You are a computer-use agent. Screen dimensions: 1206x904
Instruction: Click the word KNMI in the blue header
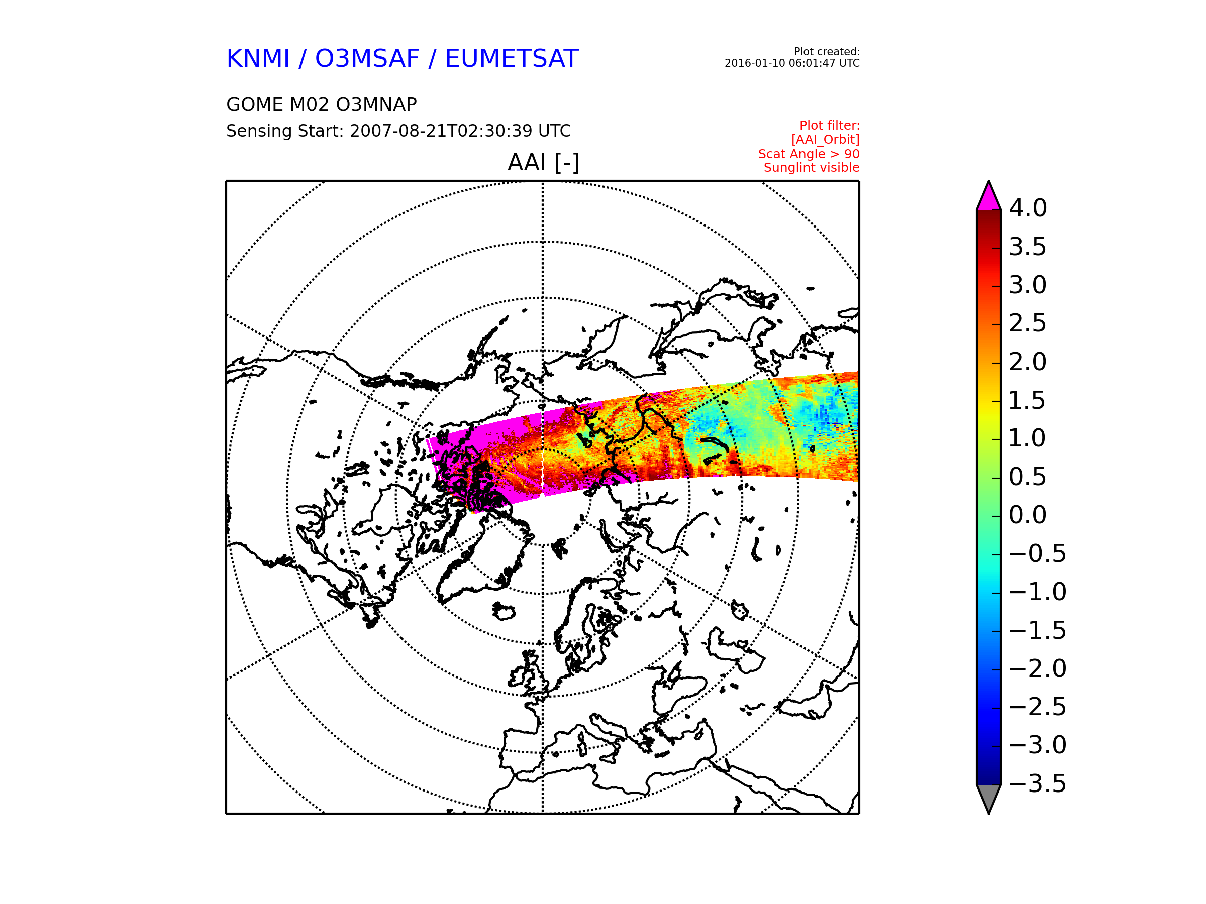(257, 59)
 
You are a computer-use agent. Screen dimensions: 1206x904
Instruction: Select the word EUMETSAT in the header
(512, 59)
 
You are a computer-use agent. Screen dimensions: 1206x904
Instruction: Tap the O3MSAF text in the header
(367, 59)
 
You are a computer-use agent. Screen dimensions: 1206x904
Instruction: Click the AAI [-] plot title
(543, 162)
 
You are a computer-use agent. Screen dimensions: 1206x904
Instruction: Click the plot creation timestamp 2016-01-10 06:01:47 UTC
(791, 63)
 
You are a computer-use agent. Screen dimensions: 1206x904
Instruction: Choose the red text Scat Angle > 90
(809, 154)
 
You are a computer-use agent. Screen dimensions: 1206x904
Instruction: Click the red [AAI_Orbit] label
(825, 140)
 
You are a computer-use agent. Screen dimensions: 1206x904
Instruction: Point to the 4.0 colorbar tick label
(1028, 208)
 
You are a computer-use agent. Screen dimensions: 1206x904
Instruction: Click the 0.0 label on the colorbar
(1028, 515)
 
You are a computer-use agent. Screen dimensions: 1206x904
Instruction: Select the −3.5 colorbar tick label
(1038, 783)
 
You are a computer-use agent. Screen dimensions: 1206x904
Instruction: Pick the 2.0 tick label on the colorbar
(1028, 362)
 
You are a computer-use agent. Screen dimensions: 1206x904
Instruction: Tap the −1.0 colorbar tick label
(1038, 592)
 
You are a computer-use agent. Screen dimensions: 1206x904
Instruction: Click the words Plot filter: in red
(829, 126)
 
